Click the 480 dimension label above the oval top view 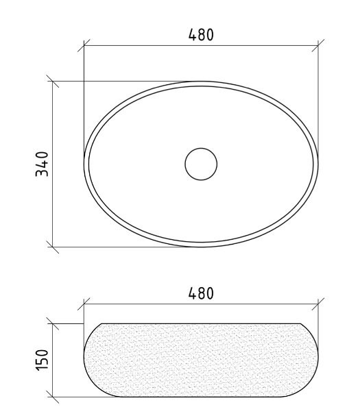point(201,34)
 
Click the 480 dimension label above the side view point(201,293)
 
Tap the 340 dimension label point(42,164)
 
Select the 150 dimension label point(42,360)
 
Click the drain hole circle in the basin point(201,164)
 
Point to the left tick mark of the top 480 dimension point(84,45)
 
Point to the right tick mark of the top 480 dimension point(318,45)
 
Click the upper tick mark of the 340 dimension point(53,81)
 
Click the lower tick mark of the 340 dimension point(53,247)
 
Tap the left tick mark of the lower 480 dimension point(84,304)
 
